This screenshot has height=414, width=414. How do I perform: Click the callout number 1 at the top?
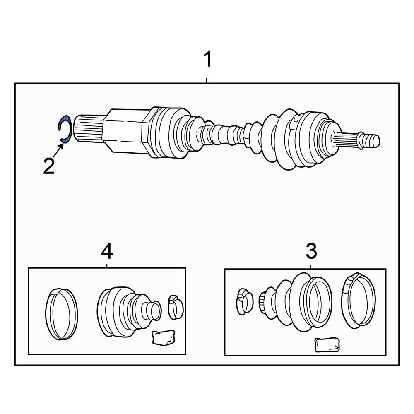pos(207,59)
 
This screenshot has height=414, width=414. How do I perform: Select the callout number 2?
pos(49,166)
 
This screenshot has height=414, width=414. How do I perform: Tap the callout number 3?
pos(311,251)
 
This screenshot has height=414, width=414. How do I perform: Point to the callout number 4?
pos(106,251)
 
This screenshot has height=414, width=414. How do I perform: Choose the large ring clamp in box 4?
pos(61,314)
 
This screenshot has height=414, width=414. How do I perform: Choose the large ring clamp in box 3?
pos(358,299)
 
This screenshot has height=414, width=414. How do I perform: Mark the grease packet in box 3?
pos(327,345)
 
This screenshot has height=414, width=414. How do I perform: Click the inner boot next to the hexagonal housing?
pos(170,132)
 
